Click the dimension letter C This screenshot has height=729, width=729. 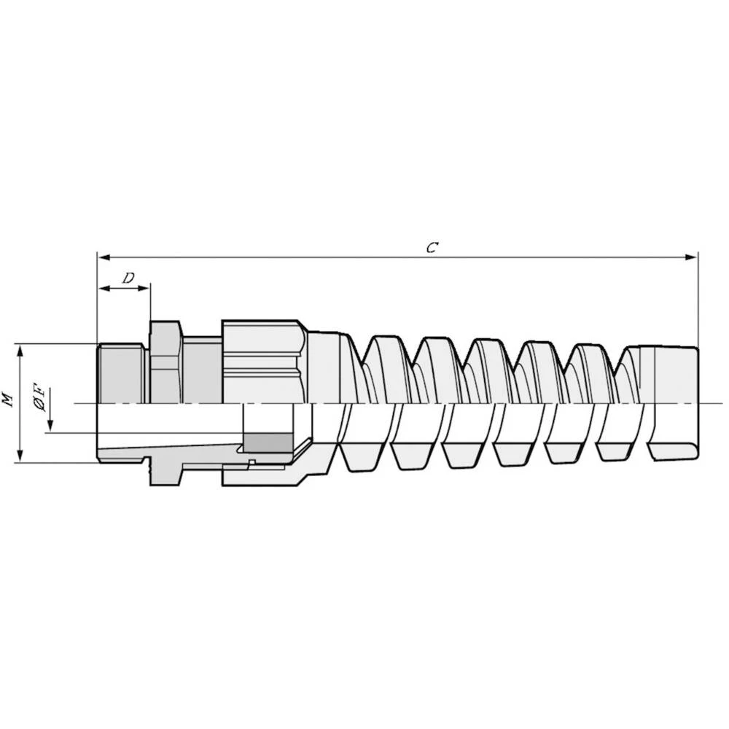432,247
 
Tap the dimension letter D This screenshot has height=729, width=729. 128,278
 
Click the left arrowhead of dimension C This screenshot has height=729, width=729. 103,257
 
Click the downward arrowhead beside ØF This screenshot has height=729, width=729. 51,426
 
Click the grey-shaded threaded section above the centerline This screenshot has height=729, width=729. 122,373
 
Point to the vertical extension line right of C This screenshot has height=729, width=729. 698,299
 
